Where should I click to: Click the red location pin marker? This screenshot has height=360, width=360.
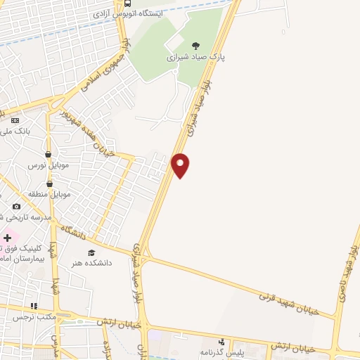pos(181,165)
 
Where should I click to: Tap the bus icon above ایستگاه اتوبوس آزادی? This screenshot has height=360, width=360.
pos(127,2)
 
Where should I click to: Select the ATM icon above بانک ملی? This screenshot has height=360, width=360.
pos(16,120)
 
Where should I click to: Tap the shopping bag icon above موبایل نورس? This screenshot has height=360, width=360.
pos(48,154)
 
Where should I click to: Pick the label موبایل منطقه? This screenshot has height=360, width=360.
pos(47,193)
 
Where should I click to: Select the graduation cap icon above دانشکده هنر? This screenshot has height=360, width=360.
pos(91,252)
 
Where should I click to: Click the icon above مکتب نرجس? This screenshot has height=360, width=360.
pos(32,306)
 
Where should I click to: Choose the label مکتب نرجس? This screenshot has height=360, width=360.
pos(32,317)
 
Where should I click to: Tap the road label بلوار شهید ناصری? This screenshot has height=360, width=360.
pos(349,274)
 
